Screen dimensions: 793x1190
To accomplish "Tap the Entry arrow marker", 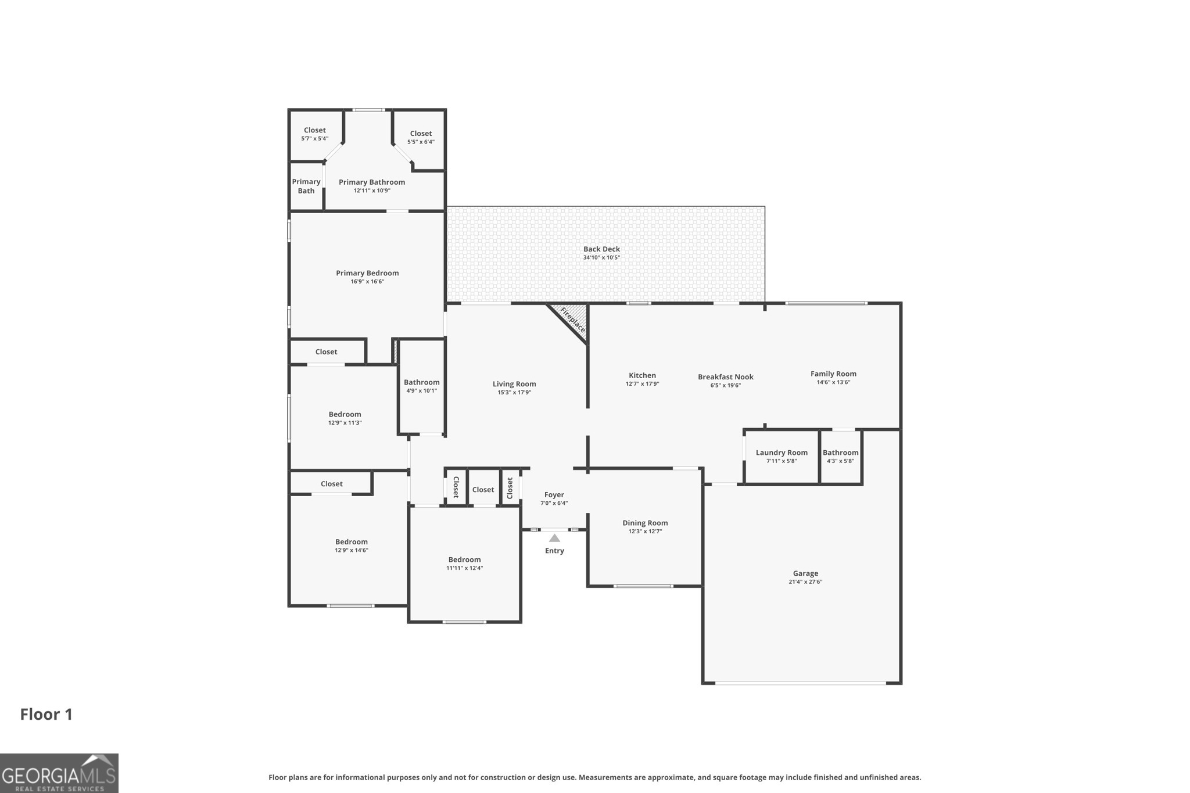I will pos(554,539).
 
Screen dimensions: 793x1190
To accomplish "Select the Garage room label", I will pos(805,573).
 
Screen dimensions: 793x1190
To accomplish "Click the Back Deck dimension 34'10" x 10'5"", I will pos(601,257).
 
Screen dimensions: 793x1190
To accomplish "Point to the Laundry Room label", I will pos(781,453).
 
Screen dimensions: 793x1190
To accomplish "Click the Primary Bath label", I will pos(306,186).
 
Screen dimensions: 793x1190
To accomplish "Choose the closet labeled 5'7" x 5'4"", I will pos(314,134).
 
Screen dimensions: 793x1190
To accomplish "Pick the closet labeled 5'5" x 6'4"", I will pos(421,137).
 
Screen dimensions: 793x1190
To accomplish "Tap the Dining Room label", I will pos(645,523).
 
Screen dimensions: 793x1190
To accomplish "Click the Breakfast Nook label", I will pos(725,377).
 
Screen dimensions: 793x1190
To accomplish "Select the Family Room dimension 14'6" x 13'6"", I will pos(833,382).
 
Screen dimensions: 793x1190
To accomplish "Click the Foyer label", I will pos(554,495).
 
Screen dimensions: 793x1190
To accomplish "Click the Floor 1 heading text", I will pos(46,714).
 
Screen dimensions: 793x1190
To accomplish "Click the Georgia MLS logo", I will pos(59,773).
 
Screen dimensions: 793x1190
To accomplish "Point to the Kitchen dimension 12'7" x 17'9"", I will pos(642,384).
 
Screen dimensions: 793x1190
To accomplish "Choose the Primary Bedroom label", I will pos(367,273).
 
